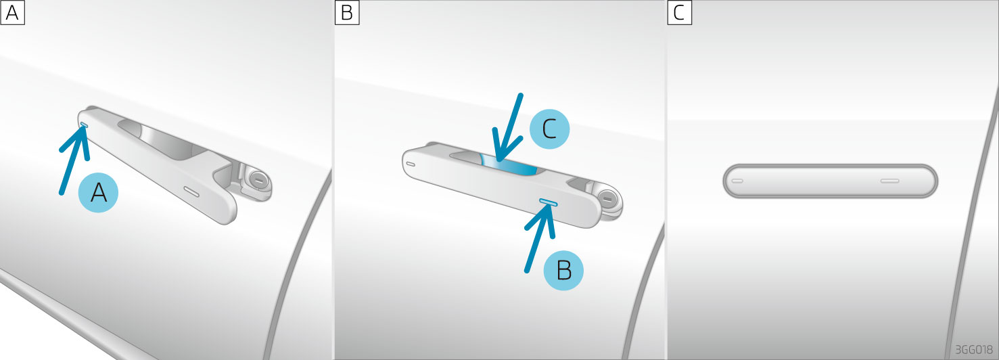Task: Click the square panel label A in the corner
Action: click(x=12, y=12)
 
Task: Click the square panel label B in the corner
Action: click(x=346, y=12)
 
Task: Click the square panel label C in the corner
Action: click(x=679, y=12)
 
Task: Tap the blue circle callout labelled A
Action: click(x=98, y=193)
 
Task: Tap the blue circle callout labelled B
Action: click(x=563, y=270)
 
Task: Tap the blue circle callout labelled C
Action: click(x=549, y=129)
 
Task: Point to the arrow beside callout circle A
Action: click(x=74, y=160)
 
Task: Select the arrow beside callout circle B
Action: click(x=540, y=239)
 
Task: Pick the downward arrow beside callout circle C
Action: click(x=508, y=127)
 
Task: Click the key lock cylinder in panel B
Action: click(x=607, y=198)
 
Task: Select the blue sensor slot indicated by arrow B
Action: click(x=548, y=202)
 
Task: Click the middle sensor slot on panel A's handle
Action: click(x=191, y=192)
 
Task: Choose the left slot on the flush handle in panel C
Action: click(x=738, y=181)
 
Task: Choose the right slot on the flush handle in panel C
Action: click(x=889, y=181)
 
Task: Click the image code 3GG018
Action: click(x=974, y=349)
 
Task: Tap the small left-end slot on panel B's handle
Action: click(x=411, y=164)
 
